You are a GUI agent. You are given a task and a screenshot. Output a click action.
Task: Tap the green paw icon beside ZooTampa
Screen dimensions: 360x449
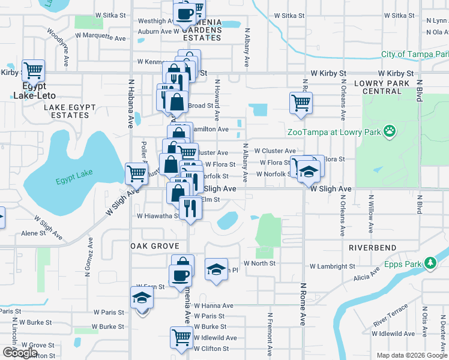[390, 130]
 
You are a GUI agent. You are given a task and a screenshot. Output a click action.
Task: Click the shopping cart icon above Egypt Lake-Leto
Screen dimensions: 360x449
[33, 70]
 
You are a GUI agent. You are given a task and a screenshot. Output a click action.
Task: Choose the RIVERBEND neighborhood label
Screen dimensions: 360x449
[372, 247]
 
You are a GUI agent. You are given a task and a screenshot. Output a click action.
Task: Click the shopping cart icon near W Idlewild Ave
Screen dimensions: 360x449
[181, 337]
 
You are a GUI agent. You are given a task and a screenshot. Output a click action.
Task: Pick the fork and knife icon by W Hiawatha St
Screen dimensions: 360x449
[190, 208]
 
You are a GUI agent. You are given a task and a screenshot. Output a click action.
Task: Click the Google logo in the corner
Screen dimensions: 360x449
[20, 353]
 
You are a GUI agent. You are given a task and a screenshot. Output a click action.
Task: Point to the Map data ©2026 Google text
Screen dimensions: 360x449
[411, 355]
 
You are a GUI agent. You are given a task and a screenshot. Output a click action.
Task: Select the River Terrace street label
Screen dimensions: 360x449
[390, 315]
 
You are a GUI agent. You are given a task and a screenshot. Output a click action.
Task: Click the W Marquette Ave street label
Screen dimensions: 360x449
[101, 37]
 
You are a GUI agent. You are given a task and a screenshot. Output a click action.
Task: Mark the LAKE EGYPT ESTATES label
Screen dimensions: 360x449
[70, 111]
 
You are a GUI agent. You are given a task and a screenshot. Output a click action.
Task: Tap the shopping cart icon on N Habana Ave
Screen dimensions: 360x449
[136, 174]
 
